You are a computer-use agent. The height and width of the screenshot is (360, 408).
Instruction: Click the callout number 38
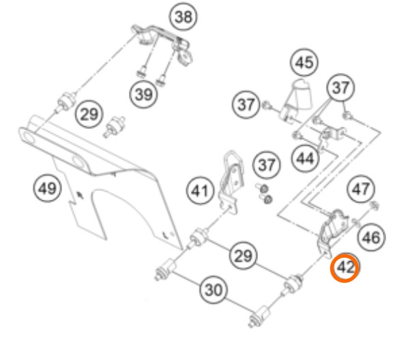(x=184, y=16)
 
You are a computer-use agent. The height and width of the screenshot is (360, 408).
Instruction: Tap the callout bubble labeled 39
(x=144, y=93)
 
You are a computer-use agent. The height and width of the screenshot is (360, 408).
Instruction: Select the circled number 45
(x=304, y=63)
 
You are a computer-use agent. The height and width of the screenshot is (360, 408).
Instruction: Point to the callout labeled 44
(x=305, y=158)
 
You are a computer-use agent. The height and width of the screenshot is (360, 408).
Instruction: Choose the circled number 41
(x=200, y=191)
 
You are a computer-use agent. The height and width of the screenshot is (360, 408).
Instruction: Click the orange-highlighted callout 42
(x=345, y=267)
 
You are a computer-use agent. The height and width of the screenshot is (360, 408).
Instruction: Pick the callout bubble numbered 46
(x=371, y=237)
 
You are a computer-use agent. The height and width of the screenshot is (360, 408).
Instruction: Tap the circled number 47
(x=361, y=189)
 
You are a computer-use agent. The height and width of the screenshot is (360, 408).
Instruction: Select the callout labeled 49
(x=47, y=188)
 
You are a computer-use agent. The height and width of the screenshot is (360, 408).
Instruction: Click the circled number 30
(x=214, y=290)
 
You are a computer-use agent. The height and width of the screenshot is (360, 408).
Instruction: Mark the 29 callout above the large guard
(x=89, y=114)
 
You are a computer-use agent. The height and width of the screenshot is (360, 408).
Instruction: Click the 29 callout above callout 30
(x=244, y=256)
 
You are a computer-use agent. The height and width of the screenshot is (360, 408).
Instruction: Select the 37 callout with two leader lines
(x=341, y=87)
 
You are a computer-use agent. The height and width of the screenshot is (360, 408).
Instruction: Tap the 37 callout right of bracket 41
(x=266, y=164)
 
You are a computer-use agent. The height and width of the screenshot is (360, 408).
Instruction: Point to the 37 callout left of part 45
(x=246, y=104)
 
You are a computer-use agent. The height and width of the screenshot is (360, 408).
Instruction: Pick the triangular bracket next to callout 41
(x=231, y=182)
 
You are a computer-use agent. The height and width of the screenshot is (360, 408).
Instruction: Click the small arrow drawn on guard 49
(x=80, y=194)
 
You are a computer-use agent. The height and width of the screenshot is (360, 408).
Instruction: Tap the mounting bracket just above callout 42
(x=332, y=232)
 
